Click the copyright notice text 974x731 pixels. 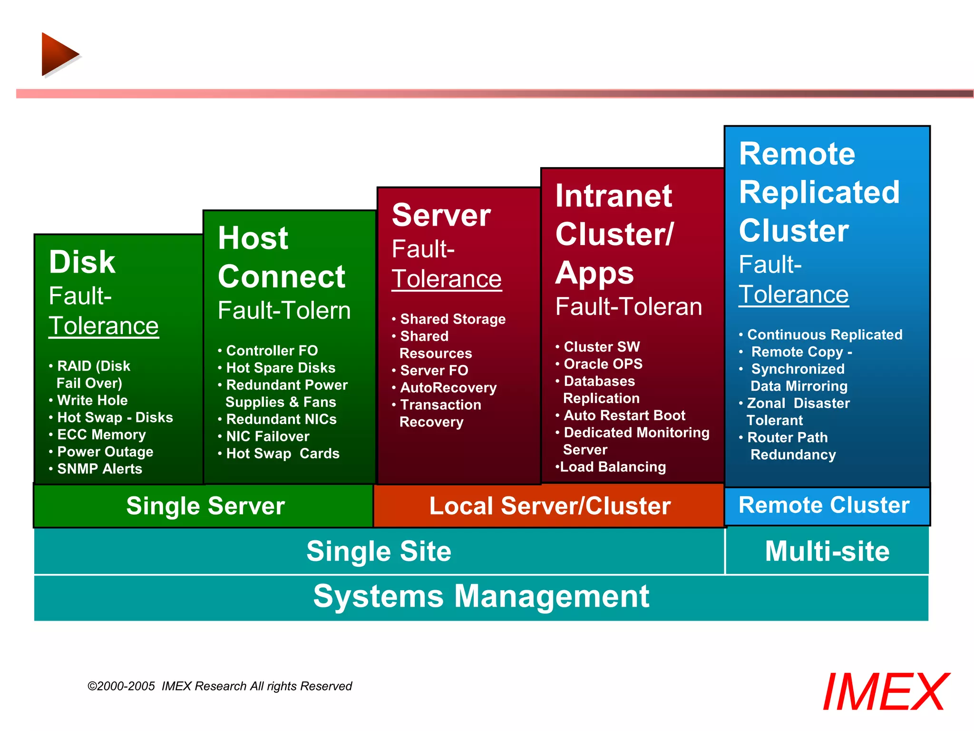(x=219, y=686)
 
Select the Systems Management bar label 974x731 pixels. (x=481, y=596)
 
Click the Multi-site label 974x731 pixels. (x=827, y=551)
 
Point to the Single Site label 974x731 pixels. (x=379, y=551)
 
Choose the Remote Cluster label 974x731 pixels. (x=824, y=505)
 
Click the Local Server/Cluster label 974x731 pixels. (x=549, y=506)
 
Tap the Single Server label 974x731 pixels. (x=205, y=506)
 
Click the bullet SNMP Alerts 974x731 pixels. (x=99, y=469)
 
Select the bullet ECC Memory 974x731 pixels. (x=101, y=435)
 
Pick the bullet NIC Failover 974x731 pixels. (x=267, y=436)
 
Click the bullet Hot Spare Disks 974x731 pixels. (x=280, y=368)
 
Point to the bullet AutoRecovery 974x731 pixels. (x=448, y=388)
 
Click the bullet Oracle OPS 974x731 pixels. (x=603, y=364)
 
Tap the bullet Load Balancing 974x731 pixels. (x=613, y=467)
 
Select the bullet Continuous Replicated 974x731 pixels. (x=824, y=335)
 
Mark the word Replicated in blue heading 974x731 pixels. (x=819, y=192)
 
